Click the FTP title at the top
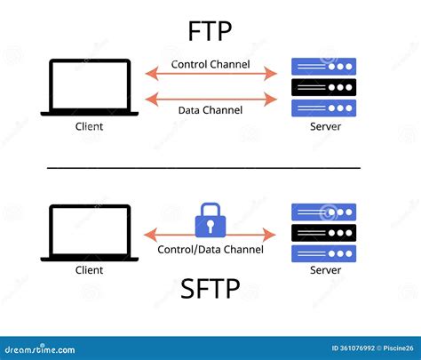coord(210,33)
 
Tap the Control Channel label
coord(210,64)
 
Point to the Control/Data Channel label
coord(210,250)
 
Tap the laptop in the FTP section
coord(90,87)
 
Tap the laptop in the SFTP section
coord(90,233)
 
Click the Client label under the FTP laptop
coord(90,126)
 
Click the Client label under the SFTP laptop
coord(90,269)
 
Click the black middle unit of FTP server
coord(324,87)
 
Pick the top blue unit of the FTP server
coord(324,67)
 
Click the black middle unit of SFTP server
coord(324,233)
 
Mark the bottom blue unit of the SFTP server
coord(324,253)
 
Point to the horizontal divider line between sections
coord(203,167)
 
